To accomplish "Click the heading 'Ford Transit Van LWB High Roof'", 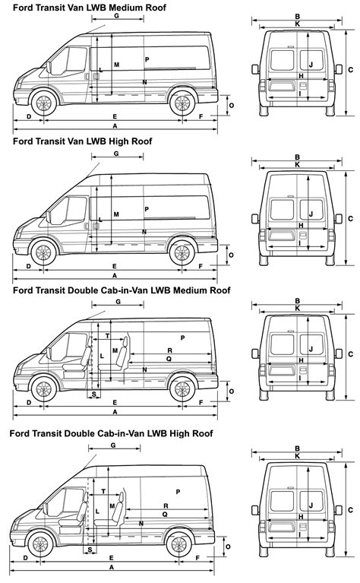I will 82,141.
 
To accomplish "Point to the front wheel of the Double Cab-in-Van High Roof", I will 39,544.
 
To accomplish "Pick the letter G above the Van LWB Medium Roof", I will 115,15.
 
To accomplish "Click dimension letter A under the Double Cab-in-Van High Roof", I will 112,567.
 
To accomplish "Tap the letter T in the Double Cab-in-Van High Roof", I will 103,492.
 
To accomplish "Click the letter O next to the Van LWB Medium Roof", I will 230,106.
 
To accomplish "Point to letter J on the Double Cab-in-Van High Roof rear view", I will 311,505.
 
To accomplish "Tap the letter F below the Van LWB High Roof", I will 201,266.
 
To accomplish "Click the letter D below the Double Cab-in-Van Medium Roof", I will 29,402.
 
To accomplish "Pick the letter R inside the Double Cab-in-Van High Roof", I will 166,505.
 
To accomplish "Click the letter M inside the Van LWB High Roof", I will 116,214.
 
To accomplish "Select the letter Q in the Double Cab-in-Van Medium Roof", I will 168,358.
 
